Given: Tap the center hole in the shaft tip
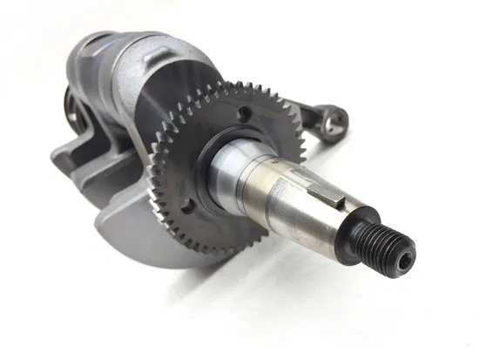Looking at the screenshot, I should tap(405, 259).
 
